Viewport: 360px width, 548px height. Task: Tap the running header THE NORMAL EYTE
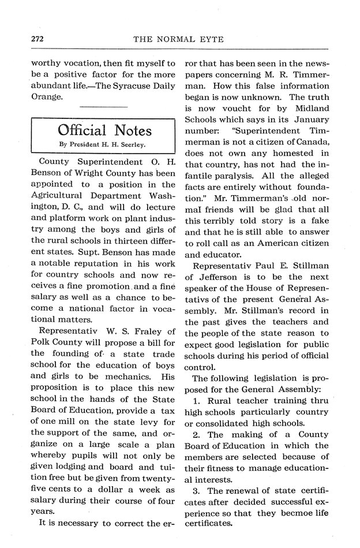pos(179,39)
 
